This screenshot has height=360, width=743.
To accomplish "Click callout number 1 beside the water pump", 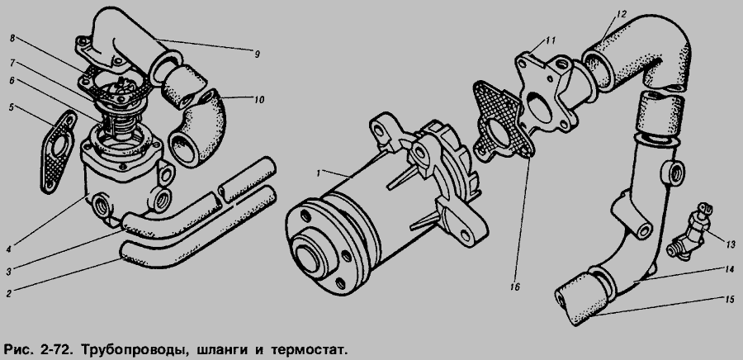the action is (319, 173).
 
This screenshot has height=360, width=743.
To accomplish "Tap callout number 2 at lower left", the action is (8, 293).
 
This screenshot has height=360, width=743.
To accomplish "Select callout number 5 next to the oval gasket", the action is (11, 107).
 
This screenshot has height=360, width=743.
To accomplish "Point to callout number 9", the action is (257, 54).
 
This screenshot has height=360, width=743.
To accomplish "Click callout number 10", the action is (258, 100).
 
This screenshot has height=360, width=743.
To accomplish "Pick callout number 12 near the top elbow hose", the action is (622, 15).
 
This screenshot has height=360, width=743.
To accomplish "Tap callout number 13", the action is (731, 244).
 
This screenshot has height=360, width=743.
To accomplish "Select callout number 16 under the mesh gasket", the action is (515, 287).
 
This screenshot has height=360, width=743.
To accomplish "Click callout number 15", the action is (729, 300).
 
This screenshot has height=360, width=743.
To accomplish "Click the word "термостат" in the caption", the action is (308, 351).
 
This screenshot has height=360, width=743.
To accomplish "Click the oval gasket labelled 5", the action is (59, 152).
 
